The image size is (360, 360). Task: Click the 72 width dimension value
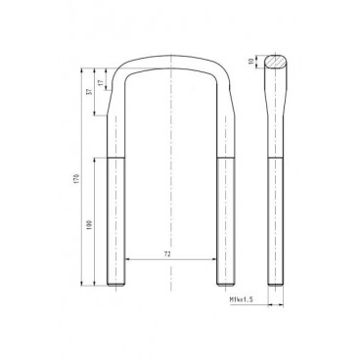[x=168, y=252]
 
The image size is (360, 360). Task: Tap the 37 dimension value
[x=90, y=92]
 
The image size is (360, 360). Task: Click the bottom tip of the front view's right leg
[x=224, y=285]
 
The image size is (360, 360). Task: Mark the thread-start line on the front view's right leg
[x=224, y=157]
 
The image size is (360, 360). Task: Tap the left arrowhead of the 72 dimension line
[x=126, y=259]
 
